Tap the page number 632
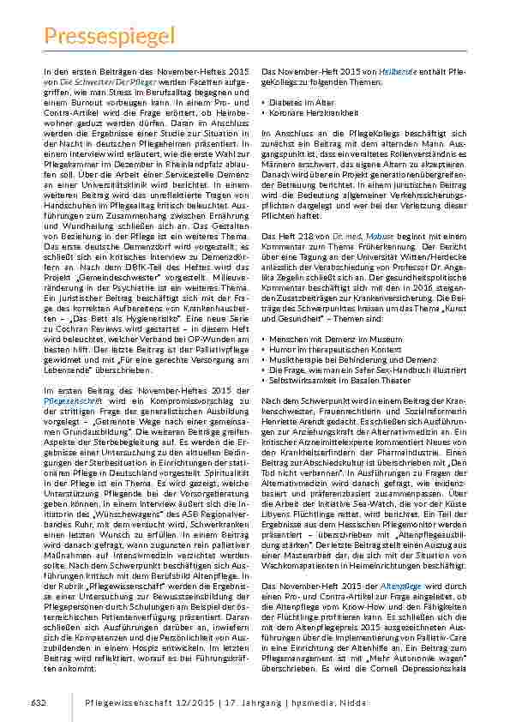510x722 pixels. coord(39,701)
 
